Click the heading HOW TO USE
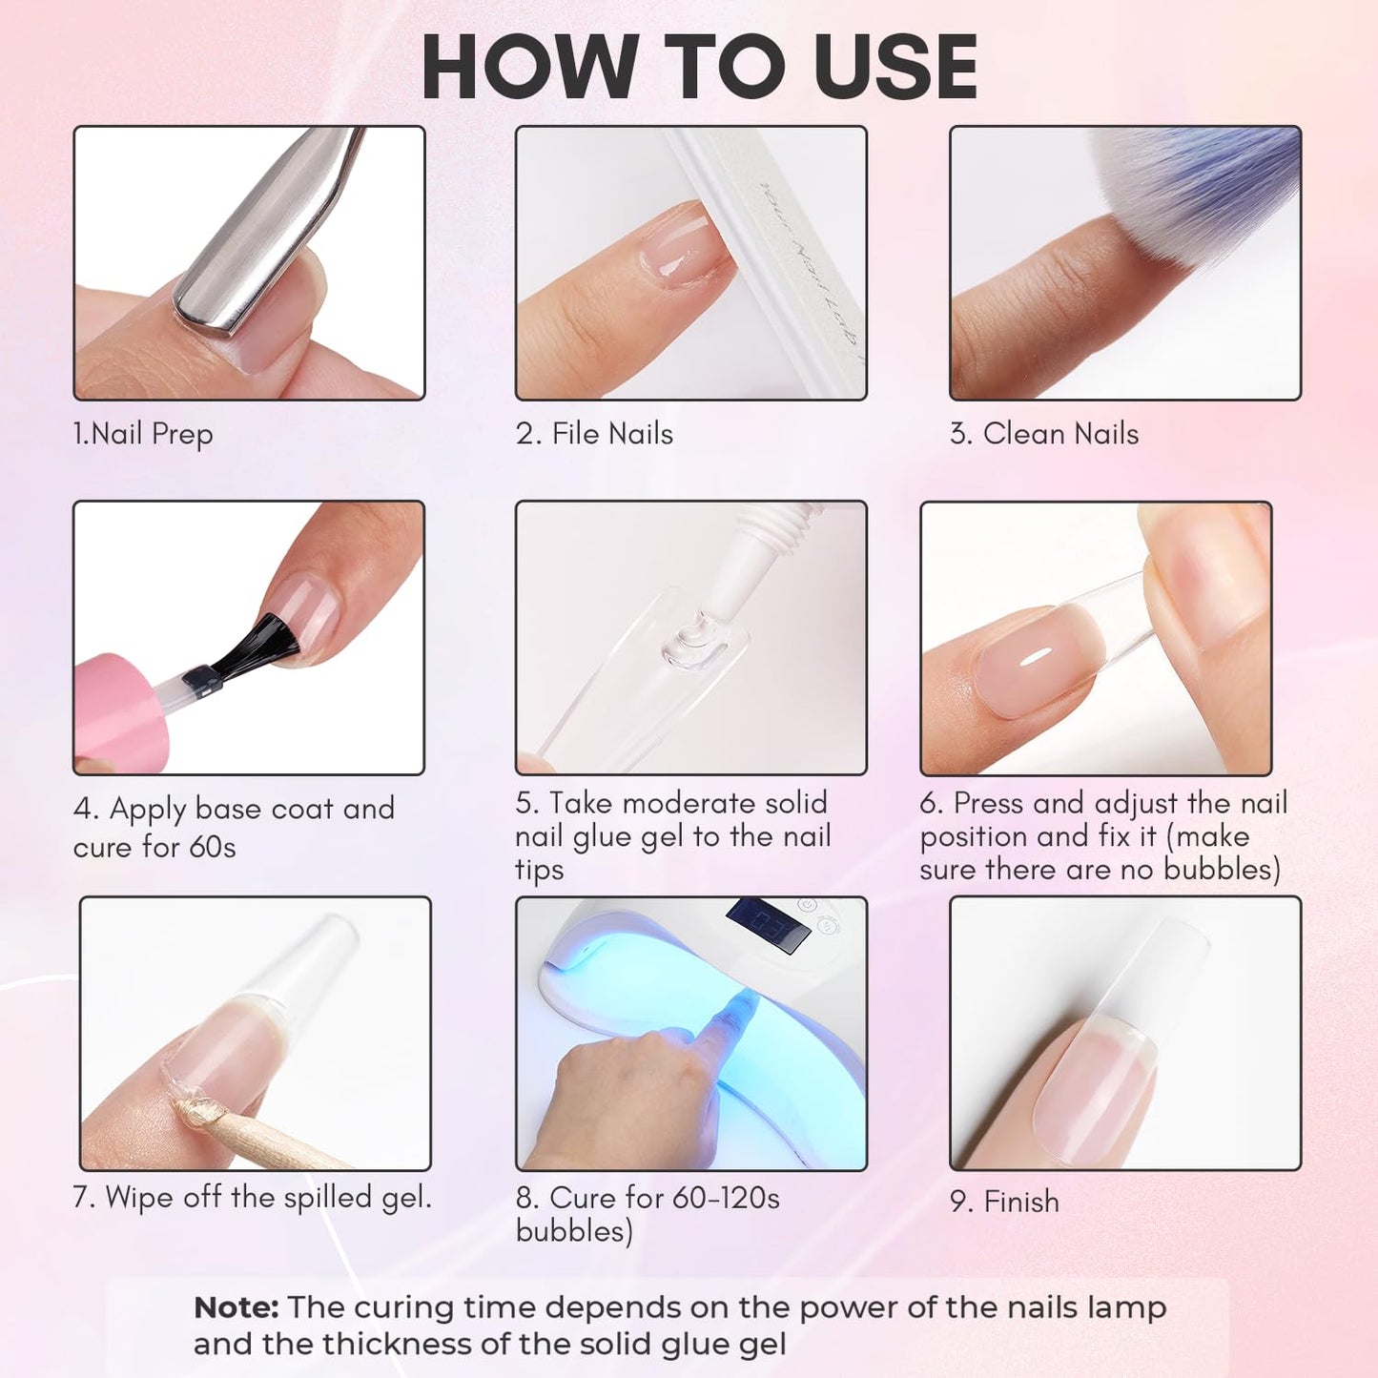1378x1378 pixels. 699,67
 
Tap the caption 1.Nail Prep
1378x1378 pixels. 143,434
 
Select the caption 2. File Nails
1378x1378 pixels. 594,434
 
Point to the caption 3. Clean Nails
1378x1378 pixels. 1044,434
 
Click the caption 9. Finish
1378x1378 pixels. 1004,1202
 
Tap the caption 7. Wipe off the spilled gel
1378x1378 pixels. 252,1197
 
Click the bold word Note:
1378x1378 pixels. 236,1307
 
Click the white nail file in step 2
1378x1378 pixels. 782,267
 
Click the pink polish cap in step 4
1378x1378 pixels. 119,710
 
